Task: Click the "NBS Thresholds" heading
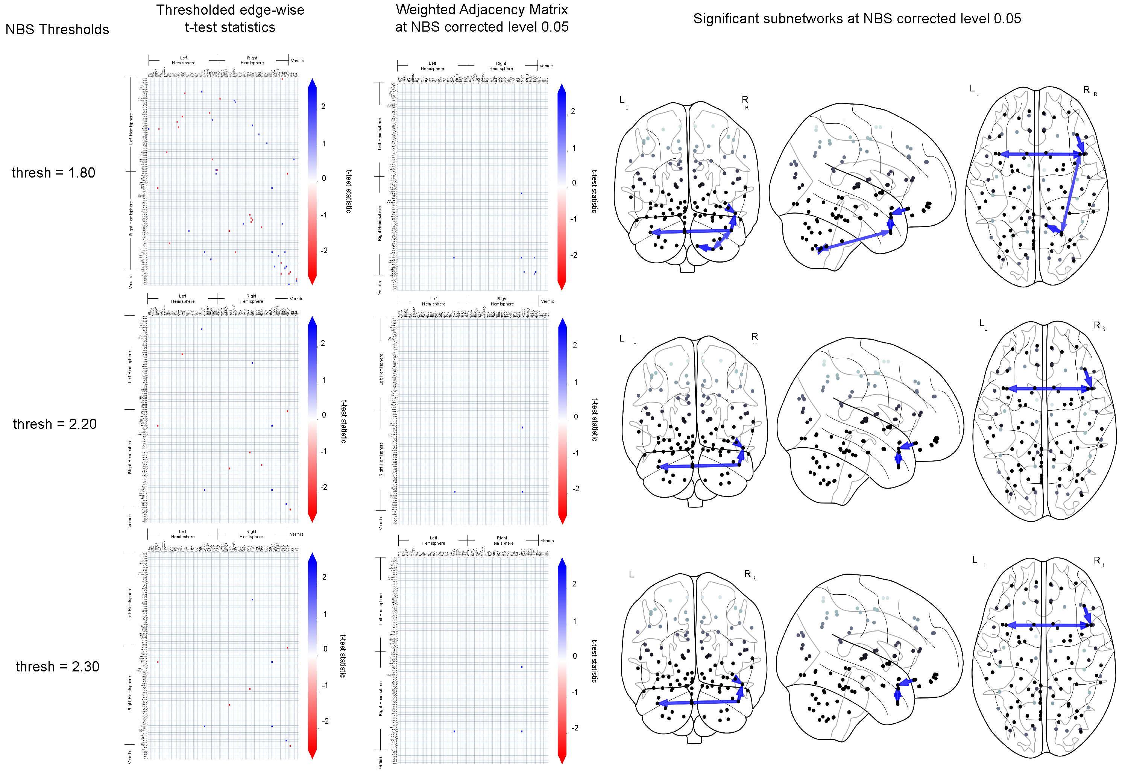(x=58, y=30)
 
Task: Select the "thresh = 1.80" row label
(x=53, y=173)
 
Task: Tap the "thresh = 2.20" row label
(x=55, y=424)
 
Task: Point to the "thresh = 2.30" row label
(x=58, y=666)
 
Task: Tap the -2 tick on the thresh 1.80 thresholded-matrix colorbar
(x=324, y=251)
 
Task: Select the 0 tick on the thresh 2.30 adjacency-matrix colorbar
(x=575, y=656)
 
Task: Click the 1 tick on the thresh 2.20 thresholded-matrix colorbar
(x=324, y=380)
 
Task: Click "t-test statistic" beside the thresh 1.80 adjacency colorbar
(x=594, y=191)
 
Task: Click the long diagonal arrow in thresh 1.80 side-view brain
(x=855, y=241)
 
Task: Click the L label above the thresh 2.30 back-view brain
(x=631, y=574)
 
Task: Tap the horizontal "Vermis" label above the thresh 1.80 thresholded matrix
(x=297, y=61)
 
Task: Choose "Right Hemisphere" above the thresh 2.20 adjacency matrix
(x=502, y=301)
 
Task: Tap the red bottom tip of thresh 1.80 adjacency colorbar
(x=562, y=286)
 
